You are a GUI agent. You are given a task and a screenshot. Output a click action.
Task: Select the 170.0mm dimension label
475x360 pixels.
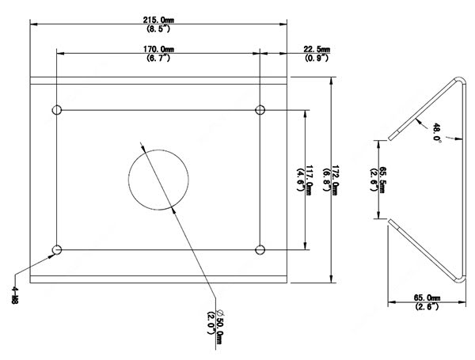coord(159,49)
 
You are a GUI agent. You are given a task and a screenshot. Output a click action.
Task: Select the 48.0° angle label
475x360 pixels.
coord(436,131)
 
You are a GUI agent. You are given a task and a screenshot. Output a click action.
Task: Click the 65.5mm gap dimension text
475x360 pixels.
coord(383,180)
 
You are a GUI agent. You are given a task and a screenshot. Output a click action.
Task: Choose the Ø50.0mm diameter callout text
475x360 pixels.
coord(219,325)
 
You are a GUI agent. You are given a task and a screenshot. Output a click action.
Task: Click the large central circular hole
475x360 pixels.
coord(159,179)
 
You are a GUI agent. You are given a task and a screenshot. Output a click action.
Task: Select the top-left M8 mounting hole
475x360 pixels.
coord(56,110)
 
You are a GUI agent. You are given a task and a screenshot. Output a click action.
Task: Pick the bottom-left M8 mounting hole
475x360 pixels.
coord(56,250)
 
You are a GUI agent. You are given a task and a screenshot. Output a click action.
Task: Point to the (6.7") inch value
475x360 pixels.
coord(159,58)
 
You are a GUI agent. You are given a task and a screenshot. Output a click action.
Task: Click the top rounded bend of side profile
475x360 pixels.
coord(460,80)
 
